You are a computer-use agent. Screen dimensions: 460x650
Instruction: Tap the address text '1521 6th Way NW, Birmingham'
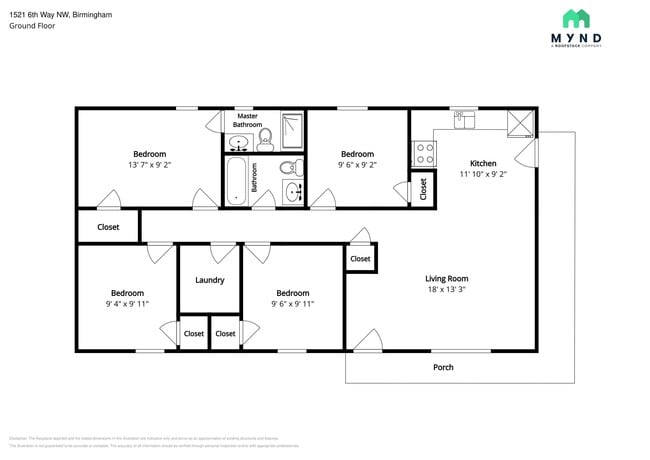pos(61,15)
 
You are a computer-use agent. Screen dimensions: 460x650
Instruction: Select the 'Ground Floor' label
pos(32,27)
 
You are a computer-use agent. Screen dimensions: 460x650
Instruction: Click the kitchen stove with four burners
pos(424,153)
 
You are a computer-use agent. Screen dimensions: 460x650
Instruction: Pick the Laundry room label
pos(209,280)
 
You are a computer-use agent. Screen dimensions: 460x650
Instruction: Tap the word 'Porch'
pos(443,367)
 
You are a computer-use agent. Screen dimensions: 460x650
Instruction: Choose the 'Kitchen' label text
pos(483,163)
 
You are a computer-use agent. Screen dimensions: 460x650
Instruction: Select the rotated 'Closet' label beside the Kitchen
pos(422,187)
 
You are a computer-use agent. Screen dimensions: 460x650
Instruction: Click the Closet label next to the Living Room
pos(360,259)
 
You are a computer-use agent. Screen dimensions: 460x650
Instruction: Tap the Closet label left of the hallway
pos(108,227)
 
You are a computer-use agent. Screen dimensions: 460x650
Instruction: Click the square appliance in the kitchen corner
pos(520,123)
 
